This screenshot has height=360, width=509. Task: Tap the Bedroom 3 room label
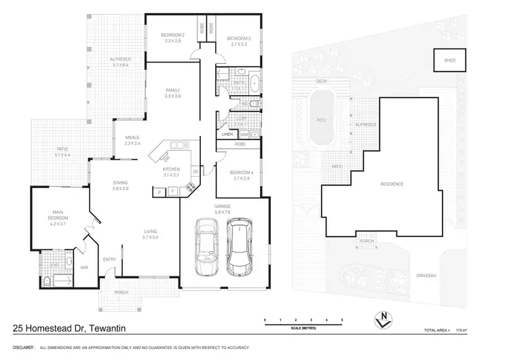click(x=238, y=40)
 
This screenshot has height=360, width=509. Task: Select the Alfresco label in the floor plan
click(x=120, y=62)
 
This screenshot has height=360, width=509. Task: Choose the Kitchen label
click(x=170, y=171)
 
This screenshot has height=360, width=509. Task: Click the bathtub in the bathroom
click(x=254, y=85)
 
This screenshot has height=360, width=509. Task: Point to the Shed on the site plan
click(x=450, y=60)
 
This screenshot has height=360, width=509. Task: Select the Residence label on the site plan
click(x=392, y=184)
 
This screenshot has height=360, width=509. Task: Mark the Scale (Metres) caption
click(x=304, y=327)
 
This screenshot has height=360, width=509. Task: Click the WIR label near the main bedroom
click(x=84, y=267)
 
